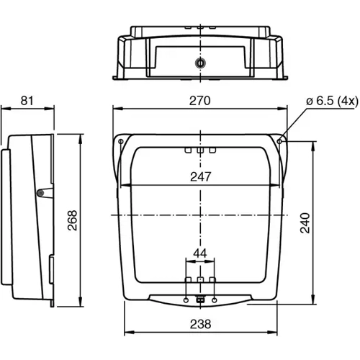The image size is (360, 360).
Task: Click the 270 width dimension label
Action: coord(200,101)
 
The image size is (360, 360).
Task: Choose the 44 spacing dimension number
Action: coord(200,253)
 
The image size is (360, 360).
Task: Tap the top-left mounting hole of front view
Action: coord(120,141)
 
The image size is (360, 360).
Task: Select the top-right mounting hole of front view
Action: coord(279,141)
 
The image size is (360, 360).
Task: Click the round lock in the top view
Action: coord(199,63)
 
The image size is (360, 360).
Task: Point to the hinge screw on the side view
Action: coord(42,192)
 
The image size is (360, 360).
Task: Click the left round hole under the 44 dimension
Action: coord(187,298)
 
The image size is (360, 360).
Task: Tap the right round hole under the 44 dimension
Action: coord(215,298)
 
